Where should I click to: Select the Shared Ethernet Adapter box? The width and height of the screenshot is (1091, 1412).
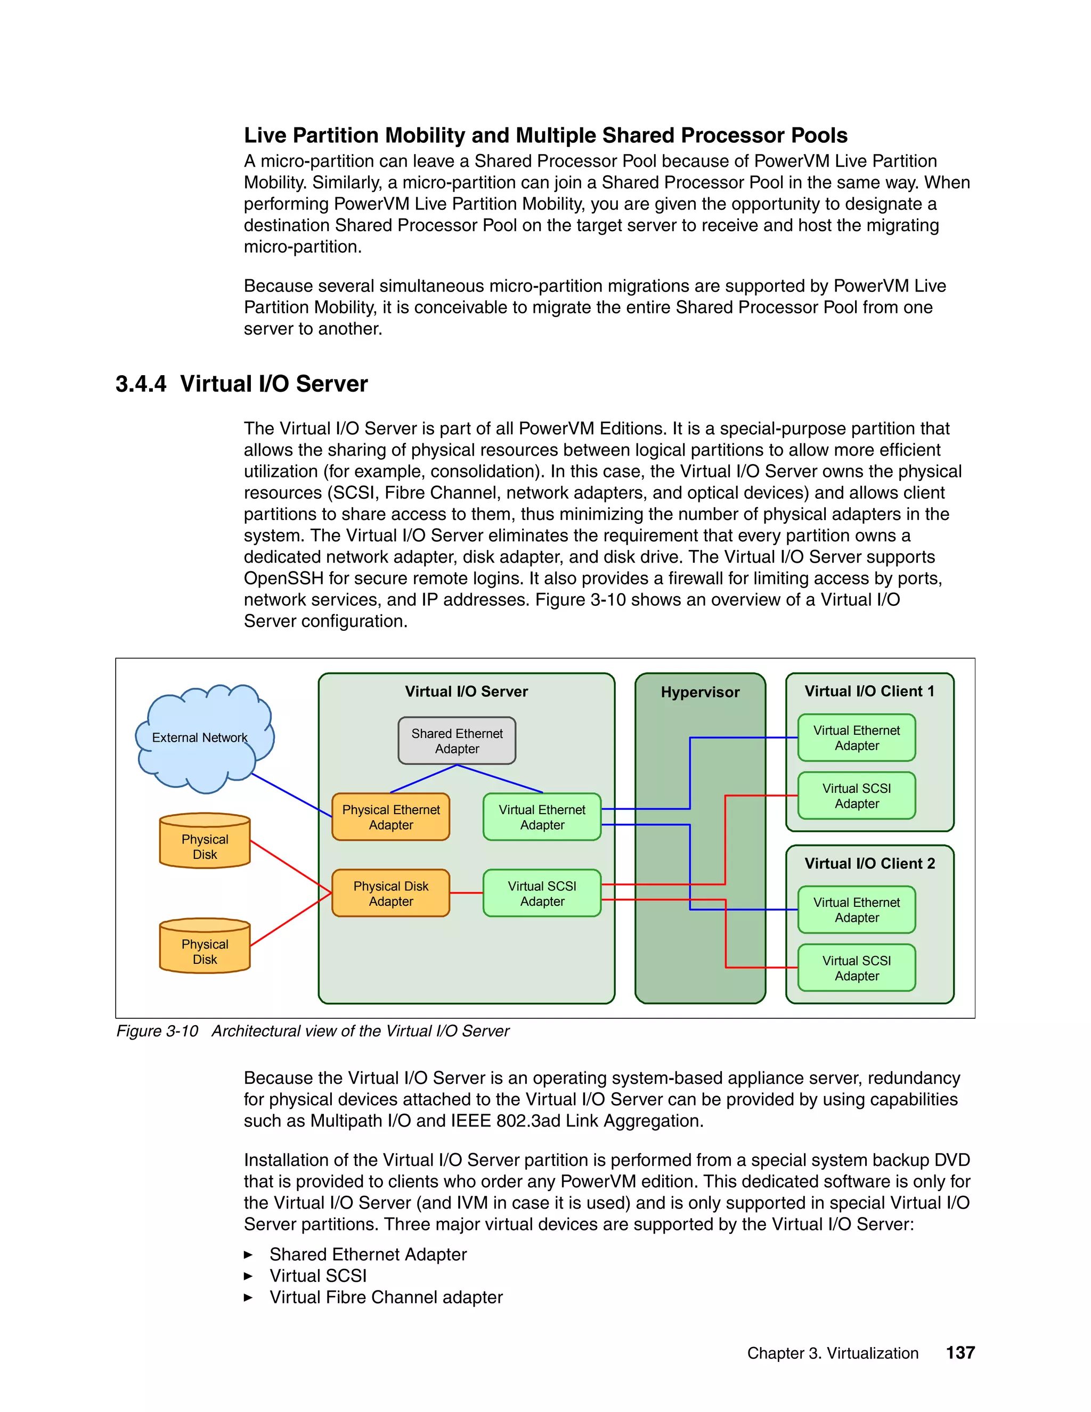457,741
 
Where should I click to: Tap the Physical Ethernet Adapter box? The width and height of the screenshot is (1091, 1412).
390,817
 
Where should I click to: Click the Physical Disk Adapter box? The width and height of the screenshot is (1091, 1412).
390,894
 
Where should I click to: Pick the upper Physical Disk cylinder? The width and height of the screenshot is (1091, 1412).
205,842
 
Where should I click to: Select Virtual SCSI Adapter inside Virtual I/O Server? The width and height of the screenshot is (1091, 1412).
542,894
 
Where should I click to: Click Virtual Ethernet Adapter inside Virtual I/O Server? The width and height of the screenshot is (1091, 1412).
542,817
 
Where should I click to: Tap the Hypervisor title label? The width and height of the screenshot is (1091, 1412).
700,693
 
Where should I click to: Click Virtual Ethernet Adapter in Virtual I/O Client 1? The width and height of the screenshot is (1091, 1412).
857,737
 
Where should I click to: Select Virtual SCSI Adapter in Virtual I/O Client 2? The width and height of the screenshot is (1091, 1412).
857,968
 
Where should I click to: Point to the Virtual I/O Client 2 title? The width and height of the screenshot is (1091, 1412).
869,864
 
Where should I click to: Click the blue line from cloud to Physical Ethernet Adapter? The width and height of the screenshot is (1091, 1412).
291,795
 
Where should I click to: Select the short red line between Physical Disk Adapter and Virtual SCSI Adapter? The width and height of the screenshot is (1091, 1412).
466,893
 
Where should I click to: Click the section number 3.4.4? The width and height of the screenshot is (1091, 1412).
140,384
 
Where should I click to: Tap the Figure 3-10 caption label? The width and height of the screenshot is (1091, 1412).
157,1031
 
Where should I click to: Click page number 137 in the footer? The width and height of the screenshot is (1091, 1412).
960,1352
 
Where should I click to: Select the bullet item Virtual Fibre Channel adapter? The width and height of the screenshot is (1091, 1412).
386,1297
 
